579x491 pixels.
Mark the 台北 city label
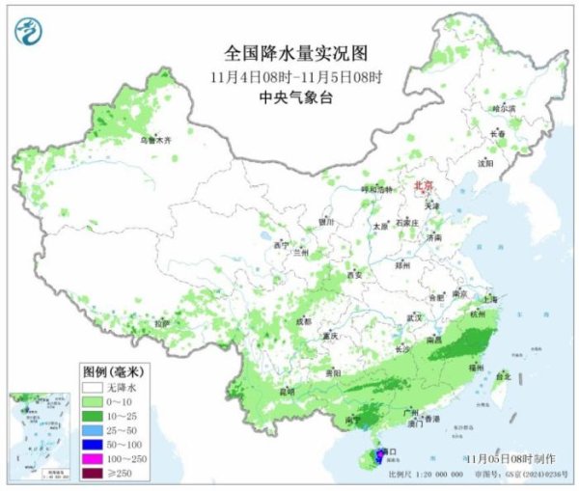tap(501, 378)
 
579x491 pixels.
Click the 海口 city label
tap(389, 450)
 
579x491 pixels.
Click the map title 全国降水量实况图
tap(289, 52)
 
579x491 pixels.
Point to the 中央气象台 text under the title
tap(289, 97)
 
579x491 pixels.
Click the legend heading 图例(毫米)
tap(111, 369)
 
